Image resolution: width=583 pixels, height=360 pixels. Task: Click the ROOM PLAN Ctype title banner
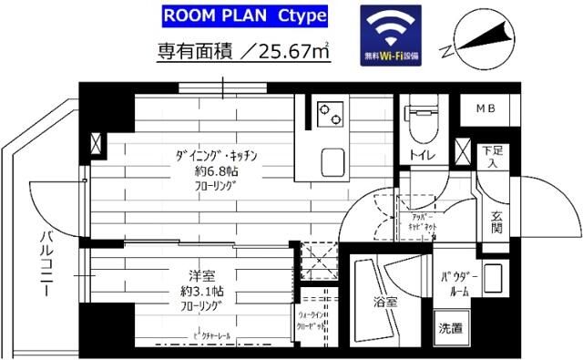pos(245,16)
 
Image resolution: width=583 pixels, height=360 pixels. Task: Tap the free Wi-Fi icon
pos(391,35)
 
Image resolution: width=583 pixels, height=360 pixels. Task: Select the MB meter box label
pos(484,109)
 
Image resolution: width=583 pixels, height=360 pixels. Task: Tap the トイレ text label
pos(422,155)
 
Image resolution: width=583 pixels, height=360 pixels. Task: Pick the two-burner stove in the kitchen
pos(328,116)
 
